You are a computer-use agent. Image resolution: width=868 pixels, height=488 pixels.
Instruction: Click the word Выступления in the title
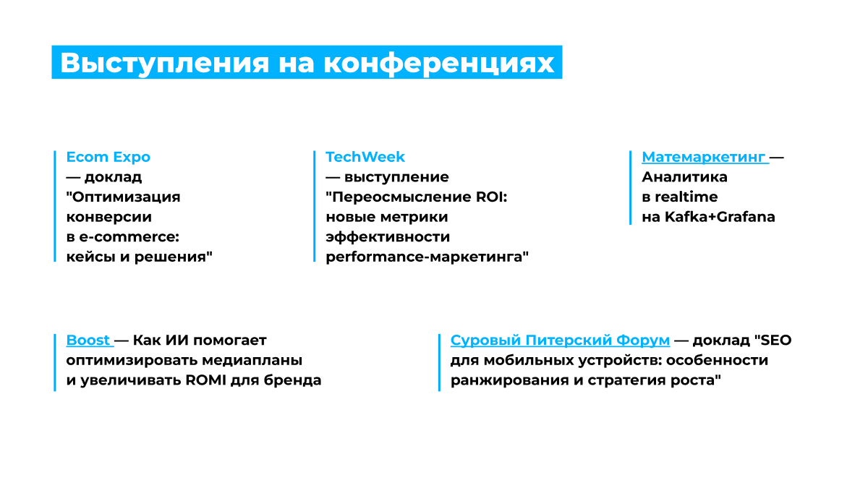pos(164,63)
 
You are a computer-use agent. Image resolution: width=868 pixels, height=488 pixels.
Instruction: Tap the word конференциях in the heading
pos(438,63)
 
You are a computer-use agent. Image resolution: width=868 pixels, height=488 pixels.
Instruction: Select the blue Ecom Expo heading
pos(108,158)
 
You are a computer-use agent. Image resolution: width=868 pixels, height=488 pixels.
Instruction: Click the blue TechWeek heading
pos(365,157)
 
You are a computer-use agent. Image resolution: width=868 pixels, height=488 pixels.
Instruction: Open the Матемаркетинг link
pos(704,158)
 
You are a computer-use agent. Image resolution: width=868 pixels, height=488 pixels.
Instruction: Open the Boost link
pos(88,340)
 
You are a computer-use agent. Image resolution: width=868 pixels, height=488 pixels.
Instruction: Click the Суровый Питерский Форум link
pos(560,341)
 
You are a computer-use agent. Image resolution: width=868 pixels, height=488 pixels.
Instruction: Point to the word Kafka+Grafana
pos(720,217)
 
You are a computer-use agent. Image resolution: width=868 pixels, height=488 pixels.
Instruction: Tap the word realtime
pos(686,197)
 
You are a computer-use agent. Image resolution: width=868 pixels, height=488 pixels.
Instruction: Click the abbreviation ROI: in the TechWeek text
pos(491,197)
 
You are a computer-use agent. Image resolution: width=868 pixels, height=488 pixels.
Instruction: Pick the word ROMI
pos(205,380)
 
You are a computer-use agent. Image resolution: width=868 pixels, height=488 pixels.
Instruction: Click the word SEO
pos(776,340)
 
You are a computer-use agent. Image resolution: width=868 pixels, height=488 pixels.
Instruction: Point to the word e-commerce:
pos(129,236)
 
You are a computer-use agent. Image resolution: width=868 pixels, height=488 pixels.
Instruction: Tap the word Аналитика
pos(685,177)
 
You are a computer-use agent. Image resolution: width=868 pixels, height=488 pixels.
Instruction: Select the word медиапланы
pos(252,361)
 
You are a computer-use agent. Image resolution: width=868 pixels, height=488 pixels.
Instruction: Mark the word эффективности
pos(388,237)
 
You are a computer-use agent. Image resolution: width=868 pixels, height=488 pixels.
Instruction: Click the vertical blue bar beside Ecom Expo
pos(55,206)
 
